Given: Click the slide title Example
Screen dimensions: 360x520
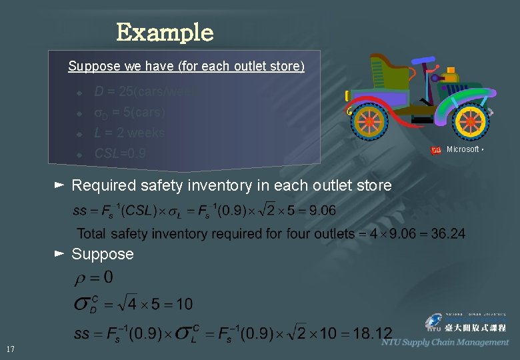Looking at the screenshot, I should (165, 32).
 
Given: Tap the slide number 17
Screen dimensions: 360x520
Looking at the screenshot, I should (10, 349).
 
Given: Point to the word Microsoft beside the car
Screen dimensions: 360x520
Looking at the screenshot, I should (462, 149).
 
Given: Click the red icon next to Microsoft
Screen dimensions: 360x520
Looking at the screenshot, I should (436, 150).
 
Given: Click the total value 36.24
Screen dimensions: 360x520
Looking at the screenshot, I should (449, 233).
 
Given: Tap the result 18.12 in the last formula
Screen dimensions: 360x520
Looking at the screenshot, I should (373, 333).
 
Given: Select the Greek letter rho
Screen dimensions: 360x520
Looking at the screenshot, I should (81, 277).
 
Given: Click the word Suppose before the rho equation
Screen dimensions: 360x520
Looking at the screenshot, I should (103, 254).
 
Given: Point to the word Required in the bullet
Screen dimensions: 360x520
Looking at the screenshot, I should (101, 185).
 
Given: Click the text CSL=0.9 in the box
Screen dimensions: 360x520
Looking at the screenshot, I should (120, 154).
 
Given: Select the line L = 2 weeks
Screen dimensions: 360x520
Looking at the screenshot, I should (129, 133).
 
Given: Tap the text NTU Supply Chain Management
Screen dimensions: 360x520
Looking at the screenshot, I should (445, 343).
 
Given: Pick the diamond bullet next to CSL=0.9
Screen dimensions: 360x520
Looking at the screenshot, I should (78, 155).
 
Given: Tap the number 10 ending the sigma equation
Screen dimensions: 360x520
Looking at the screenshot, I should (185, 304).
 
